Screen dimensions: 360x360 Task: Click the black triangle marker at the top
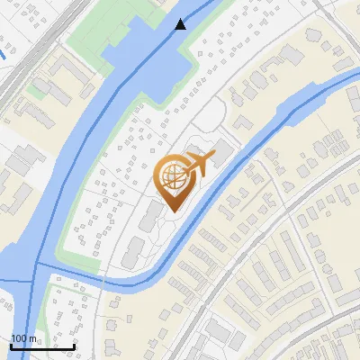tap(181, 24)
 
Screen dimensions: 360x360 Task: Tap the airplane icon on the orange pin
tap(197, 164)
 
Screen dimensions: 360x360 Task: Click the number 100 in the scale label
tap(20, 338)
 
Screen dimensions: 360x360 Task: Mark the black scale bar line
tap(42, 346)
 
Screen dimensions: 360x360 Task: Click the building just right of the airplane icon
tap(221, 159)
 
